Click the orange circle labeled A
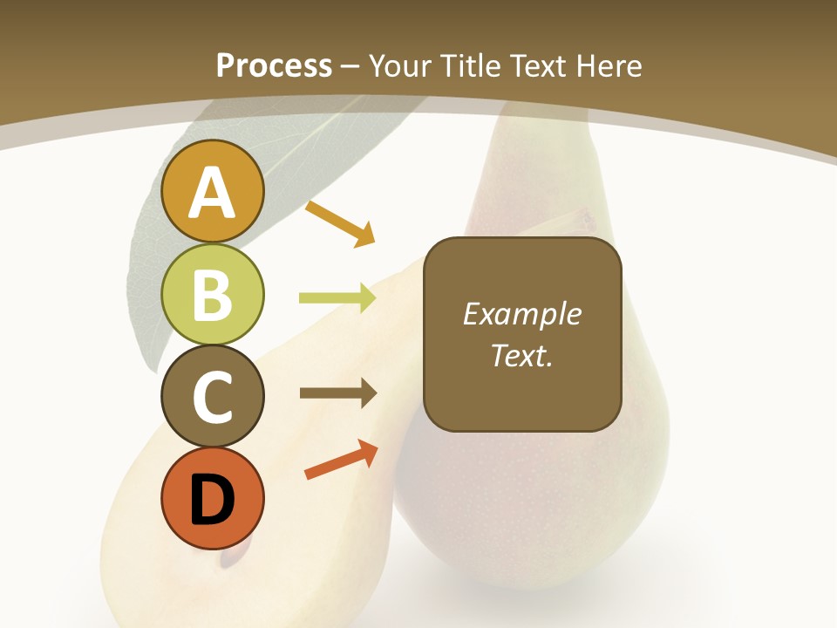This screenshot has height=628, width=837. [212, 191]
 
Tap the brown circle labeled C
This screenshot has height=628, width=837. [212, 397]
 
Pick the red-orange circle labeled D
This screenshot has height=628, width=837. [212, 499]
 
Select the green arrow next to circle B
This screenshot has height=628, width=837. [337, 298]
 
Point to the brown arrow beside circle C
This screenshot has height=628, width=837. [338, 393]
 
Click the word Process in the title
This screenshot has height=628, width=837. [274, 65]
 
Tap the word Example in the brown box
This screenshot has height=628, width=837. [521, 314]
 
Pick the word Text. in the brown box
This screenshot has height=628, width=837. [521, 355]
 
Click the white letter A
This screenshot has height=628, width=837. [212, 193]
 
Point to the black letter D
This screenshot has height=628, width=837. [212, 500]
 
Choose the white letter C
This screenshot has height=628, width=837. [212, 397]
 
